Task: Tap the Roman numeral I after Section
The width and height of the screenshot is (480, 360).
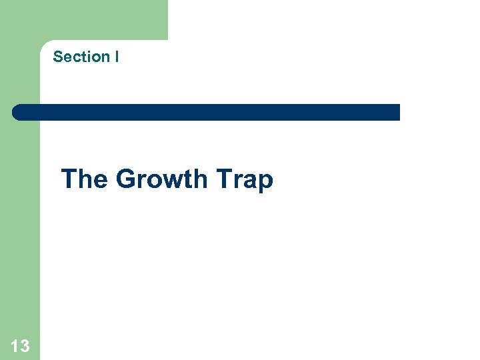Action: [x=117, y=57]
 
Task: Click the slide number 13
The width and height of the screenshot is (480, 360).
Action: [x=20, y=345]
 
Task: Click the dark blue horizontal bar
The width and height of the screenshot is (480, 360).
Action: [x=207, y=112]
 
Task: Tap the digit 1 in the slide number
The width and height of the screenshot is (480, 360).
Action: [x=15, y=345]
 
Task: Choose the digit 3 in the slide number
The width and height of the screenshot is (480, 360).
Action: [x=25, y=345]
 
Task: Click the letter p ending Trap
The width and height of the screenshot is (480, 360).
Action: [x=266, y=182]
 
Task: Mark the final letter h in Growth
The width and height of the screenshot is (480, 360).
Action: [x=201, y=179]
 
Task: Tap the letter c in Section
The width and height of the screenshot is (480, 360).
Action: [x=74, y=57]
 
